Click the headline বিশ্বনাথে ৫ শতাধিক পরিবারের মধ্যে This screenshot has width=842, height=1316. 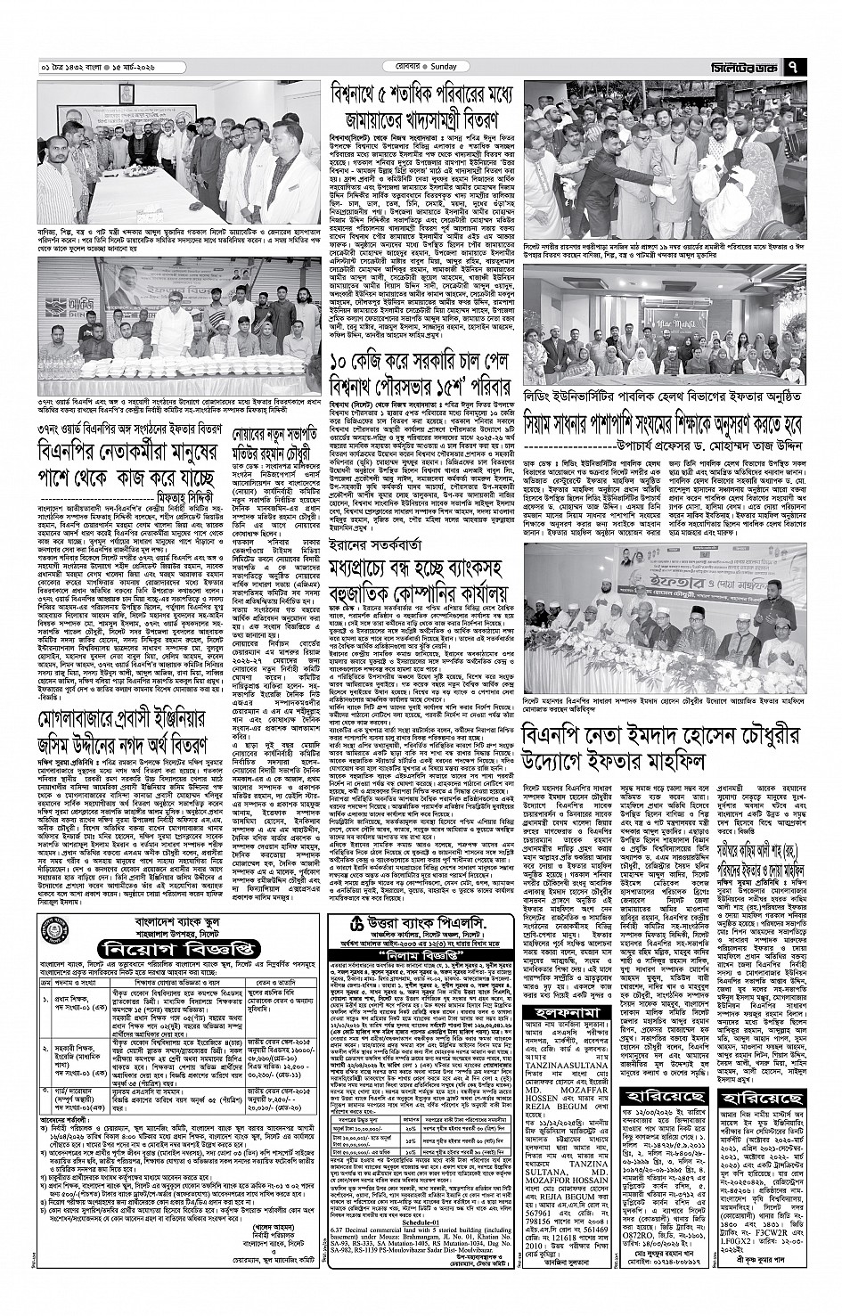(419, 94)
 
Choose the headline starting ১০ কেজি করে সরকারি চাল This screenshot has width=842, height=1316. (419, 366)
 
